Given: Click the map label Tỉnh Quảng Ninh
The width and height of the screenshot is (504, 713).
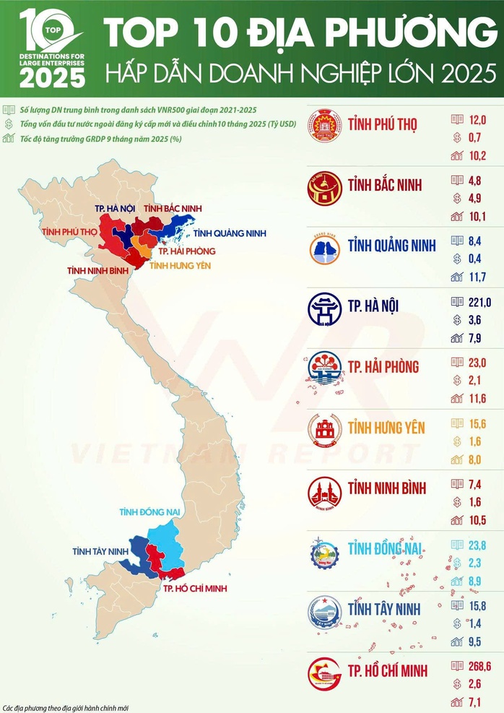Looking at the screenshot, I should pos(230,233).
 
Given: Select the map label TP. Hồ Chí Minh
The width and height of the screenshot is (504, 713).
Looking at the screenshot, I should pos(195,588).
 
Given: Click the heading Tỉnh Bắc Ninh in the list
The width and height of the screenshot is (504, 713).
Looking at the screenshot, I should pos(385,184).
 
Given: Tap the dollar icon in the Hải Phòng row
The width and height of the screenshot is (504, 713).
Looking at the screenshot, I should pos(456,380).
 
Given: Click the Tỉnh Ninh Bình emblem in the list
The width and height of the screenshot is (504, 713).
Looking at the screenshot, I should pos(323,493).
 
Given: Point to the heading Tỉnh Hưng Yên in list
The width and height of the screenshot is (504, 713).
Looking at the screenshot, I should pos(384,427).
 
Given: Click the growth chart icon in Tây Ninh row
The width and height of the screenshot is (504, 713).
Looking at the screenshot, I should pos(456,641).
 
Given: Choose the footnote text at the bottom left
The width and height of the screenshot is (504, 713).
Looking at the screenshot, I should pos(69,706).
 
